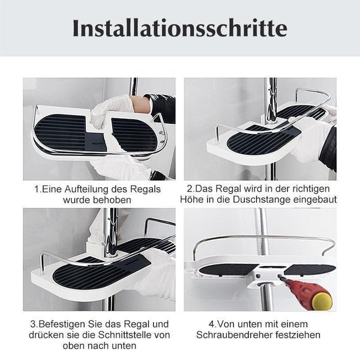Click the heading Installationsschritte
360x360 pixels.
[x=180, y=28]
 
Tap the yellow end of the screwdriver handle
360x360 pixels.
[x=322, y=300]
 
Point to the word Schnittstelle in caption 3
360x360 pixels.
[x=127, y=335]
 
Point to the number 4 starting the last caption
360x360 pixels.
[x=211, y=324]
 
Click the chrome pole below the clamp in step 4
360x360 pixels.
[x=267, y=298]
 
